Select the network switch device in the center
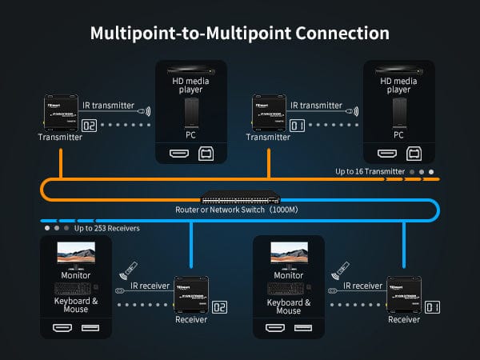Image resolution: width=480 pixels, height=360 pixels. point(240,198)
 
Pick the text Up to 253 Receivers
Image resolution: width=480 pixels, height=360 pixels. point(107,228)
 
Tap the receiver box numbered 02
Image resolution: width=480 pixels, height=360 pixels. point(191,296)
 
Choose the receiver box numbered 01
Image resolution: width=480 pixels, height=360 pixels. point(403,296)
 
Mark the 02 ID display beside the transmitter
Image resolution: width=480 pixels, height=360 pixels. point(89,126)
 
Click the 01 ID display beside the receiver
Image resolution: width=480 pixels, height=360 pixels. point(433,306)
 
